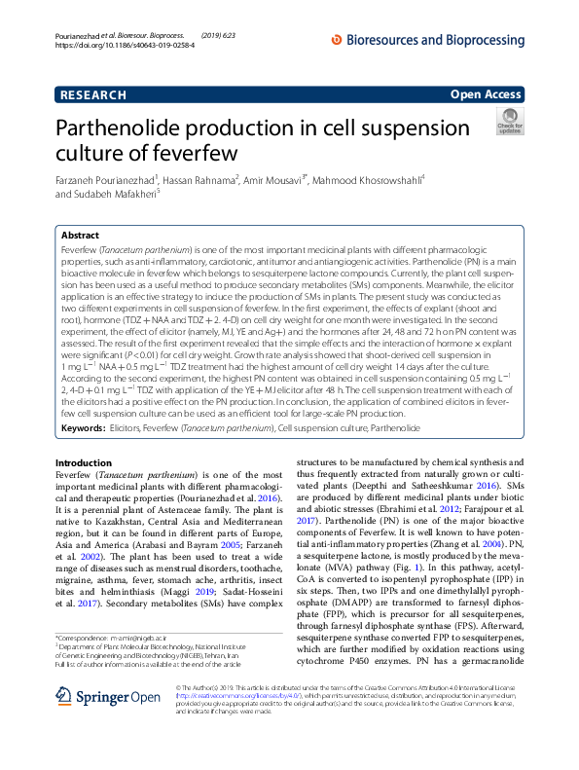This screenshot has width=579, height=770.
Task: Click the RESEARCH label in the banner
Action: tap(92, 94)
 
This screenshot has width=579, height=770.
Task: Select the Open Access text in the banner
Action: tap(486, 94)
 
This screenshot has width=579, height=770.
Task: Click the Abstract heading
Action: tap(80, 236)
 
